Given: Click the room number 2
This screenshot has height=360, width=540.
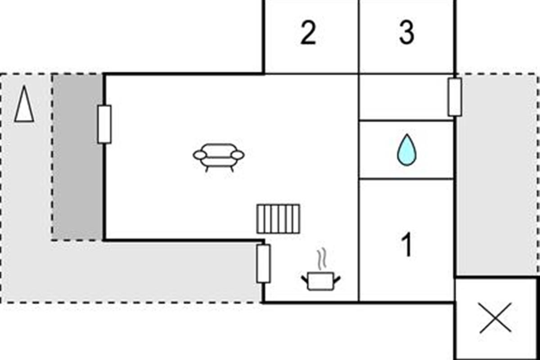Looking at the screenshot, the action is coord(308,32).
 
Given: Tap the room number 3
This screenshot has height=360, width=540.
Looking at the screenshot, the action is coord(407,32).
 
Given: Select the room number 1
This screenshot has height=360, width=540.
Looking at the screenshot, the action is coord(407,244).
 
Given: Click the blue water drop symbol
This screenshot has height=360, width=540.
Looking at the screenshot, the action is coord(407,150).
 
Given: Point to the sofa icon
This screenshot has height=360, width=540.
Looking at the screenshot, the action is coord(218,157).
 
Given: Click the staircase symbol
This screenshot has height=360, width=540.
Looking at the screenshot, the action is coord(279,219).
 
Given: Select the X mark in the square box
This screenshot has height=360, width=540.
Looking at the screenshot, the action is coord(495,318).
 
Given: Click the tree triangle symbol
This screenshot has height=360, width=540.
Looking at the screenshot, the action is coord(24,103).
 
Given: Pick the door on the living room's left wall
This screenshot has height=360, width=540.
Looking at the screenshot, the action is coord(104,124).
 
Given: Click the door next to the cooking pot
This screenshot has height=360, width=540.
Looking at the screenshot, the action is coord(263,264).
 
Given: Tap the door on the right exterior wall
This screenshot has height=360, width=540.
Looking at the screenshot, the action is coord(455,97).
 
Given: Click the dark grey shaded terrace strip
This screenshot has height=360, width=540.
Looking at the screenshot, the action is coord(77,157).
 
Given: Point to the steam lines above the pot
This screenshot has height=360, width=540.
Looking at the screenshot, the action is coord(322,260).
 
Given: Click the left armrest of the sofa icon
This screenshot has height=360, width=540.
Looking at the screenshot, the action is coord(200,155).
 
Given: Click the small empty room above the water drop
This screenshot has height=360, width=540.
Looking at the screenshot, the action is coord(406,97).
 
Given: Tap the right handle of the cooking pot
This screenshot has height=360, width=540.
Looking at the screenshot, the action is coord(337,280).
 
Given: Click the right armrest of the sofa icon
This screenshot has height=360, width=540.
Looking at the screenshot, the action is coord(238,155).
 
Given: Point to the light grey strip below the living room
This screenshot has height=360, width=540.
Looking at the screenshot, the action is coord(131,272).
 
